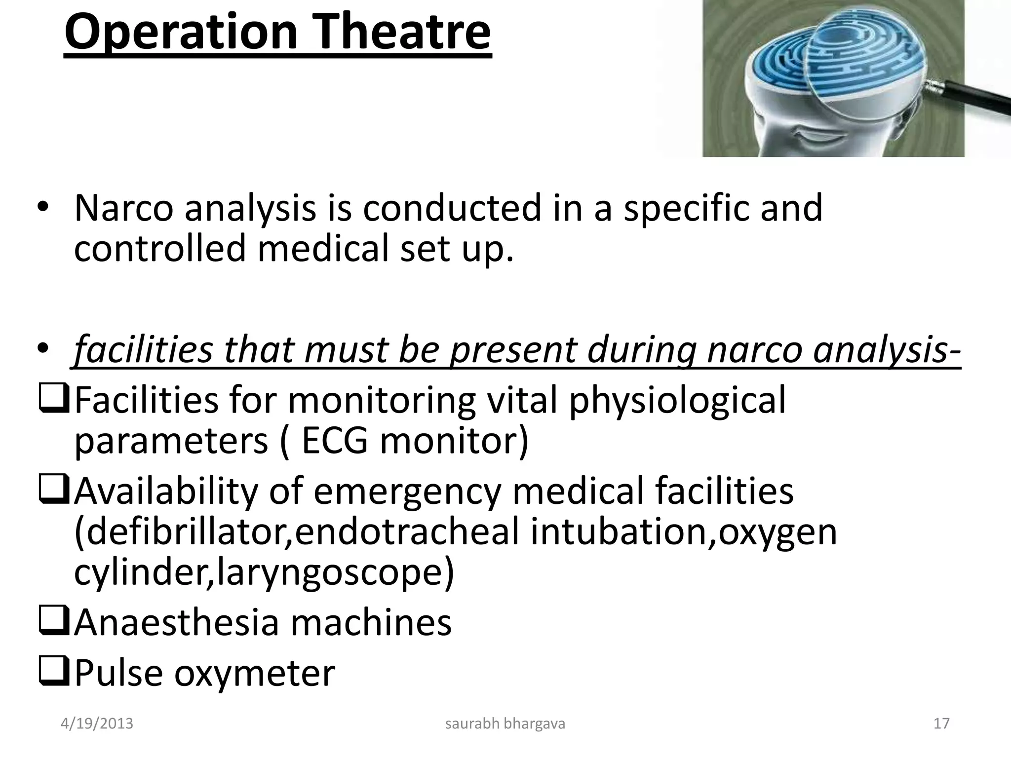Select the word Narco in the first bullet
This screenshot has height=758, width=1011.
click(x=124, y=208)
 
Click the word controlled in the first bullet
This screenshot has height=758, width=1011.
click(x=159, y=248)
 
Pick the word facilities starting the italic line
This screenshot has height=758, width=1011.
click(x=143, y=349)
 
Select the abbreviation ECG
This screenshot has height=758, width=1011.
click(x=334, y=440)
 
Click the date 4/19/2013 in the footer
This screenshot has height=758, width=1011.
click(x=97, y=724)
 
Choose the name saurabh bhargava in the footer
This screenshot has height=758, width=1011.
click(x=505, y=724)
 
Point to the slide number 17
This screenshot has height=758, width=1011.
click(x=941, y=724)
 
